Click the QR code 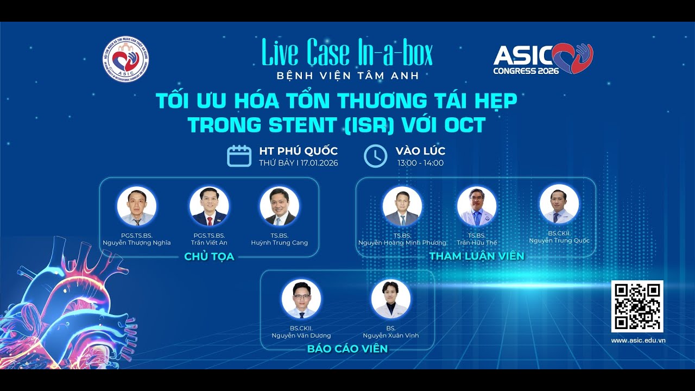coord(637,306)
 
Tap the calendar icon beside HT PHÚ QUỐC coord(239,156)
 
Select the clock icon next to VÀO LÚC coord(375,156)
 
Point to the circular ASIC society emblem coord(125,59)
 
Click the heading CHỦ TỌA coord(209,257)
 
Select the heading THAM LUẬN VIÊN coord(477,256)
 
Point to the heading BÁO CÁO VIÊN coord(347,349)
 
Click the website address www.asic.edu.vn coord(639,340)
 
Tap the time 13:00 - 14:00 coord(420,163)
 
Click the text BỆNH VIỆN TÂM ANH coord(347,76)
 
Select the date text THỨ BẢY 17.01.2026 coord(299,163)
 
